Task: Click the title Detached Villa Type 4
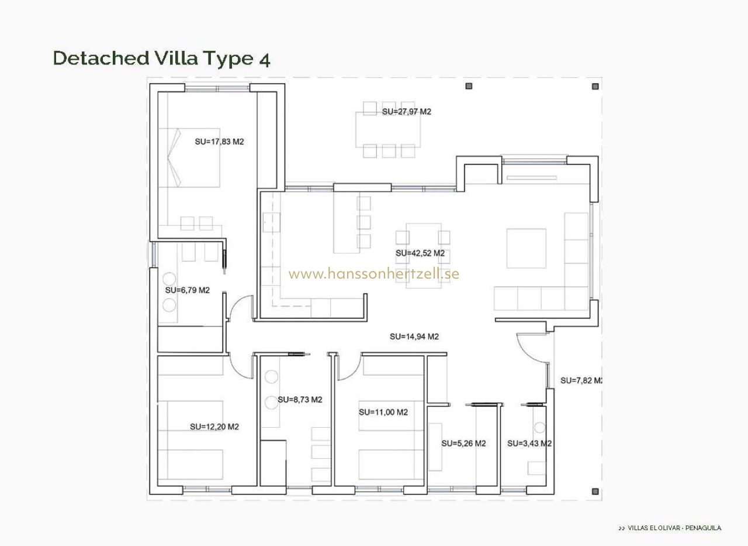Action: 161,59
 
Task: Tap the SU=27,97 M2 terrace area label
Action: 406,112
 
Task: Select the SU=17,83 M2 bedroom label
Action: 219,142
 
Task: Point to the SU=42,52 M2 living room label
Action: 420,253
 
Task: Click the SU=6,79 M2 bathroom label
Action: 188,290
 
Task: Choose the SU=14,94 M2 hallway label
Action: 414,336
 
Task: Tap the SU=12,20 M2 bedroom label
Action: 214,427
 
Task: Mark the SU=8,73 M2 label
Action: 300,400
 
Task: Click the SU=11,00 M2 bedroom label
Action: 383,412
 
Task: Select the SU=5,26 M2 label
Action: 463,444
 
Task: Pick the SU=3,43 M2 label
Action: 529,444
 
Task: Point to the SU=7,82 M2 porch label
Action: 581,380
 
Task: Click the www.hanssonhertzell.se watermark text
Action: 374,274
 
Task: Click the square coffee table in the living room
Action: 527,249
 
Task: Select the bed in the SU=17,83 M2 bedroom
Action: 189,157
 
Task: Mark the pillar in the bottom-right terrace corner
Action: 595,491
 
